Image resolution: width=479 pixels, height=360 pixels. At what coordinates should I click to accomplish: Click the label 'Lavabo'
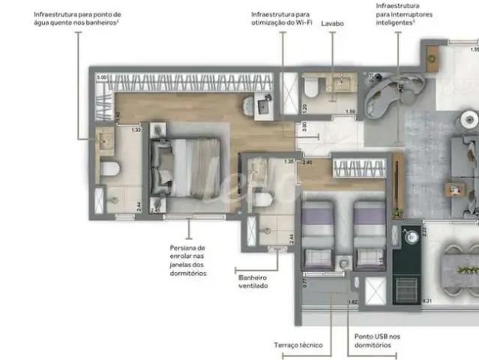pos(332,24)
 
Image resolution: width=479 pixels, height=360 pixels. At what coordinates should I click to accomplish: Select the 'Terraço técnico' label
pos(298,345)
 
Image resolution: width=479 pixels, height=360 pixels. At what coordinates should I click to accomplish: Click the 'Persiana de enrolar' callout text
pos(187,260)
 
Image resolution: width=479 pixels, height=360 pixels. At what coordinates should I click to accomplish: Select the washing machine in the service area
pos(409,236)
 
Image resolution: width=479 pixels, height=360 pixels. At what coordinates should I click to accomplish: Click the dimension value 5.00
pos(101,76)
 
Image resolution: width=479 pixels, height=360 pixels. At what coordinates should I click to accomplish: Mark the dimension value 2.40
pos(307,161)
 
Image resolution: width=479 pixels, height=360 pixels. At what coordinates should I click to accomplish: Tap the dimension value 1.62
pos(352,302)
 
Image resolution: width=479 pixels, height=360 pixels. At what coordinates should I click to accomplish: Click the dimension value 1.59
pos(349,112)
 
